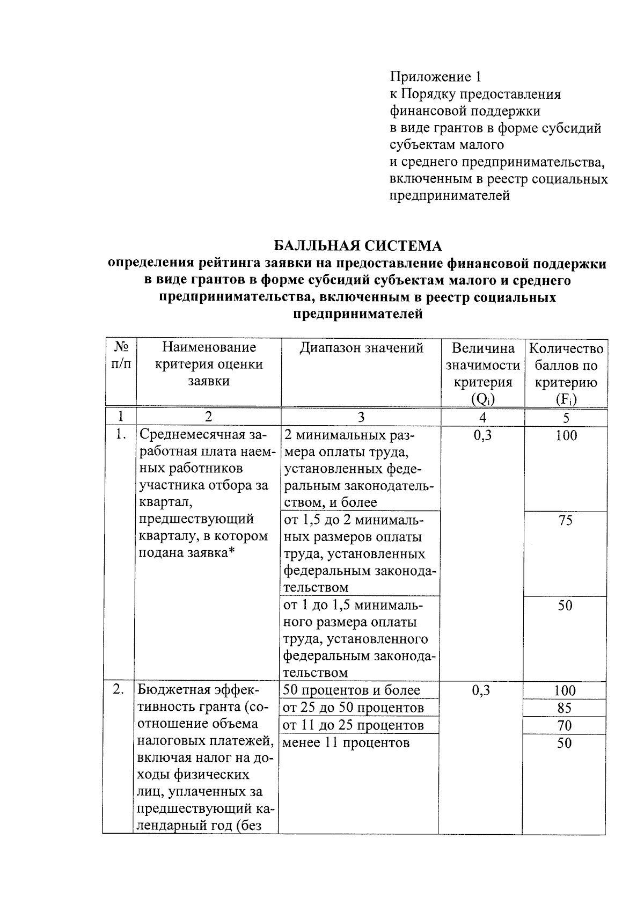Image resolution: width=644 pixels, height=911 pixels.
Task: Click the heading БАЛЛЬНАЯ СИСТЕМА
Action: tap(357, 246)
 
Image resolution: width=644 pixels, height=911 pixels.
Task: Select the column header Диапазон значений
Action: tap(361, 348)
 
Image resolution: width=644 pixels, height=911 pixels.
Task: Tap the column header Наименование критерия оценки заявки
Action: tap(209, 365)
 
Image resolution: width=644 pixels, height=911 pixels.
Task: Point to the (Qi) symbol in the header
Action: tap(482, 399)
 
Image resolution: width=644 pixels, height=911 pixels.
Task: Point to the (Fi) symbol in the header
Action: tap(566, 399)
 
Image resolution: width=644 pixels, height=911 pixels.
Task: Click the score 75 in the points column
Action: tap(565, 520)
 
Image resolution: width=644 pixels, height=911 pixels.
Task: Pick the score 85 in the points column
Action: tap(565, 708)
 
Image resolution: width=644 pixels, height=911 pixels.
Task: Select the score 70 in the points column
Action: tap(565, 726)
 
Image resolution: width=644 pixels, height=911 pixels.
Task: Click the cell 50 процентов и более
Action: tap(352, 690)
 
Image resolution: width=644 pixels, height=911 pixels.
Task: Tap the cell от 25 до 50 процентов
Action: tap(353, 708)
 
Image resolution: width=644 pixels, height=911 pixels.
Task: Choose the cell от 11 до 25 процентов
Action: tap(353, 726)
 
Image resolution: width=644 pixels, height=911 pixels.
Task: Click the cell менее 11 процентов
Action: tap(346, 743)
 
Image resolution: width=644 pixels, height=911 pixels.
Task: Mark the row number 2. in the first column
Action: tap(119, 690)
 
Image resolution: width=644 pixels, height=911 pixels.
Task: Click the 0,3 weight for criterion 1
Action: tap(482, 435)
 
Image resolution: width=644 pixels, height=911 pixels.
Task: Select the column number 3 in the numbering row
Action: tap(361, 417)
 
